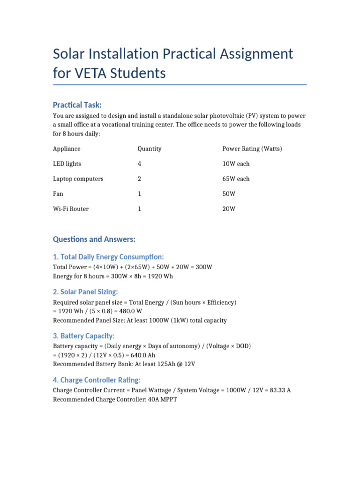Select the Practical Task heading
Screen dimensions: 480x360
77,105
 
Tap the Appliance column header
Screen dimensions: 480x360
67,149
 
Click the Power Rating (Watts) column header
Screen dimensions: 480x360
252,149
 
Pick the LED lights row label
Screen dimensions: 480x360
67,164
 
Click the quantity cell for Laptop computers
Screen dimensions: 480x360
139,179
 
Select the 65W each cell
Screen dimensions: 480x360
236,179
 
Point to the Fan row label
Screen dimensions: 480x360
58,194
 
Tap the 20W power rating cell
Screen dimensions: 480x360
229,209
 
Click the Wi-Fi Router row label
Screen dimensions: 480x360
71,209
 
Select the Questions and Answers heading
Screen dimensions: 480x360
94,239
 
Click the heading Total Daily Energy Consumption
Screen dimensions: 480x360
108,257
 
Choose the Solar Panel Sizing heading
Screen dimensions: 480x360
85,292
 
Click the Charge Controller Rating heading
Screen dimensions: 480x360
97,380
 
